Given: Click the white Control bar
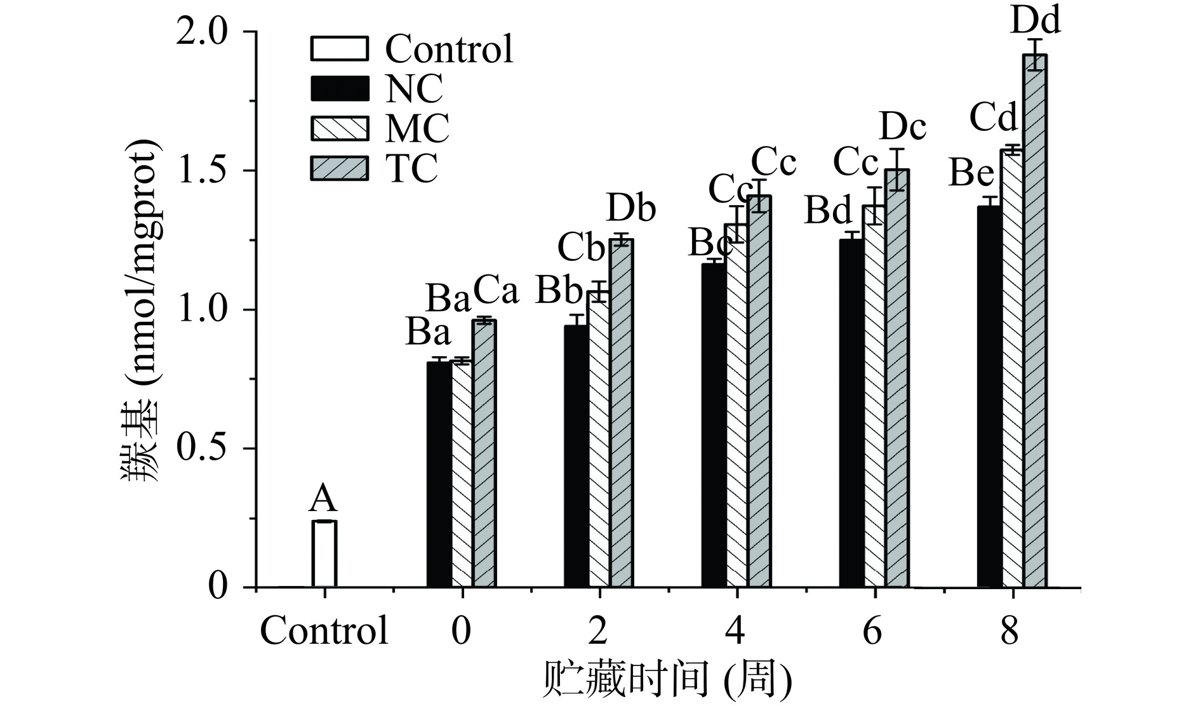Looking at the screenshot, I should tap(324, 554).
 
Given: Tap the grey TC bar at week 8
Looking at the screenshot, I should tap(1035, 321).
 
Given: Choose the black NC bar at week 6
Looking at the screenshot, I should tap(851, 413).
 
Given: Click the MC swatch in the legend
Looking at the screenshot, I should tap(340, 128).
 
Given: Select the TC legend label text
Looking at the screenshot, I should tap(412, 168).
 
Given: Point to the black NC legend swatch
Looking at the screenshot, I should tap(340, 88).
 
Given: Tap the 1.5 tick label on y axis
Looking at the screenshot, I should tap(203, 170).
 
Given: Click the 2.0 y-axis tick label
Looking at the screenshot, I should tap(203, 32).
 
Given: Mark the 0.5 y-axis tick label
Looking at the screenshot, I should tap(203, 448).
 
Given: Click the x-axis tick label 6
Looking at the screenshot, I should tap(874, 631).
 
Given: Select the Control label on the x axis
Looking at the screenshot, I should tap(324, 631).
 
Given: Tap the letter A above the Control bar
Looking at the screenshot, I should tap(323, 499).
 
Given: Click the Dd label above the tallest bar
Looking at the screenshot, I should tap(1036, 20).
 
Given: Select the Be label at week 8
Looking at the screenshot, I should tap(971, 173).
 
